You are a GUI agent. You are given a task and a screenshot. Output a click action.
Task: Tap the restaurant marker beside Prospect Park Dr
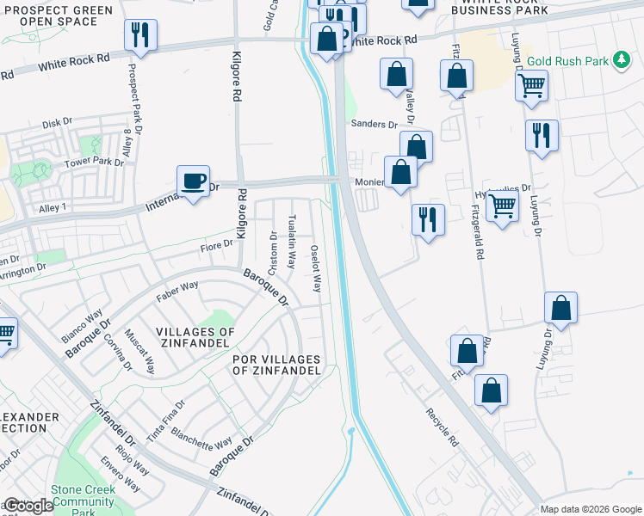pyautogui.click(x=139, y=35)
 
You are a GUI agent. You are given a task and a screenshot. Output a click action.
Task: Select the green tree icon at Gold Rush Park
pyautogui.click(x=620, y=60)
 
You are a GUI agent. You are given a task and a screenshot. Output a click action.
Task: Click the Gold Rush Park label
pyautogui.click(x=569, y=61)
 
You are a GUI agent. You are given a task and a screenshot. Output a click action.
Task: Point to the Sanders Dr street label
pyautogui.click(x=374, y=125)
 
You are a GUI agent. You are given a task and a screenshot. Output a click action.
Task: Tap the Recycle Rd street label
pyautogui.click(x=440, y=427)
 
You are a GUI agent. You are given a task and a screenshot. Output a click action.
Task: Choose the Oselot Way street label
pyautogui.click(x=316, y=267)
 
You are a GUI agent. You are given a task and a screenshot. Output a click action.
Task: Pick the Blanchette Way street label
pyautogui.click(x=201, y=438)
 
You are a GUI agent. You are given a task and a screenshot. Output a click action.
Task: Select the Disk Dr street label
pyautogui.click(x=57, y=123)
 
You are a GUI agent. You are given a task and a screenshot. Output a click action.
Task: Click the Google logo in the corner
pyautogui.click(x=28, y=507)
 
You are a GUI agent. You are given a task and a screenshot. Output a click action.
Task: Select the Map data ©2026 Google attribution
pyautogui.click(x=591, y=509)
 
